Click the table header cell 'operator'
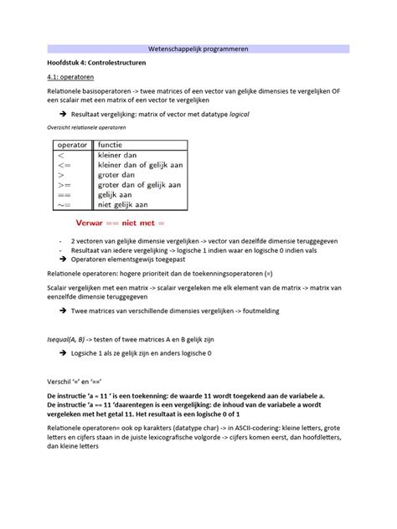pos(72,144)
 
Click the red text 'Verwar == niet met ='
pos(121,224)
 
